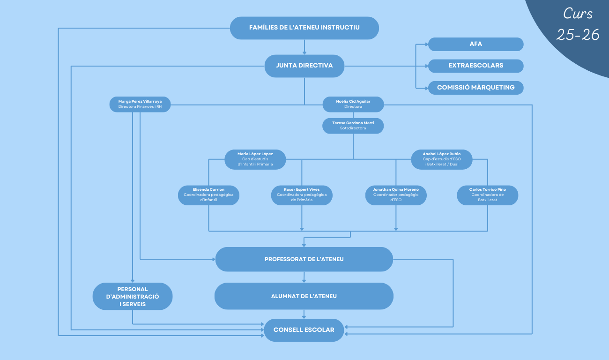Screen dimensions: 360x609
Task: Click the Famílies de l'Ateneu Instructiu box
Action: coord(304,28)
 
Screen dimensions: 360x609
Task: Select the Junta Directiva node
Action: coord(304,66)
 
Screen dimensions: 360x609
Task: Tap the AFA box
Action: coord(475,44)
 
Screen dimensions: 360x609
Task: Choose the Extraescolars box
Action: coord(475,66)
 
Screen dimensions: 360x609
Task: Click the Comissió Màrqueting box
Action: coord(475,88)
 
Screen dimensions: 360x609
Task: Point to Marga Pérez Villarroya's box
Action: coord(140,104)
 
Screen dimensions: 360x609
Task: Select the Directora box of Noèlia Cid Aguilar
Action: coord(353,104)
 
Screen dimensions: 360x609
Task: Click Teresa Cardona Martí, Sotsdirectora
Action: coord(353,126)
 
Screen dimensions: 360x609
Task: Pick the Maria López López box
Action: coord(255,159)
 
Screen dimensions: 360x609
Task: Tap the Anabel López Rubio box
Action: coord(441,159)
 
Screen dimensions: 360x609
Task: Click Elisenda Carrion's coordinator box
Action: coord(208,195)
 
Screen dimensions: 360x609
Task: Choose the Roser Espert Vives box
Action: coord(302,195)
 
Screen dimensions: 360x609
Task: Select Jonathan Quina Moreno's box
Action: coord(396,195)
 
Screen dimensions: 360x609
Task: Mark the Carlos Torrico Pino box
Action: coord(487,195)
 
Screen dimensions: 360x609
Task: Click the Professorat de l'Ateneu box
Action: coord(304,259)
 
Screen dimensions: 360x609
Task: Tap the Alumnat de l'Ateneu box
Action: coord(304,296)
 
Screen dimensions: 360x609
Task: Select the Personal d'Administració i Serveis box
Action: coord(133,296)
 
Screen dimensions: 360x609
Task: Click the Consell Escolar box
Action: coord(304,330)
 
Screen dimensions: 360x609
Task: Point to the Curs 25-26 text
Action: coord(578,24)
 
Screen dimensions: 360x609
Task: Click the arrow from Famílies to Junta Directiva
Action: coord(304,47)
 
